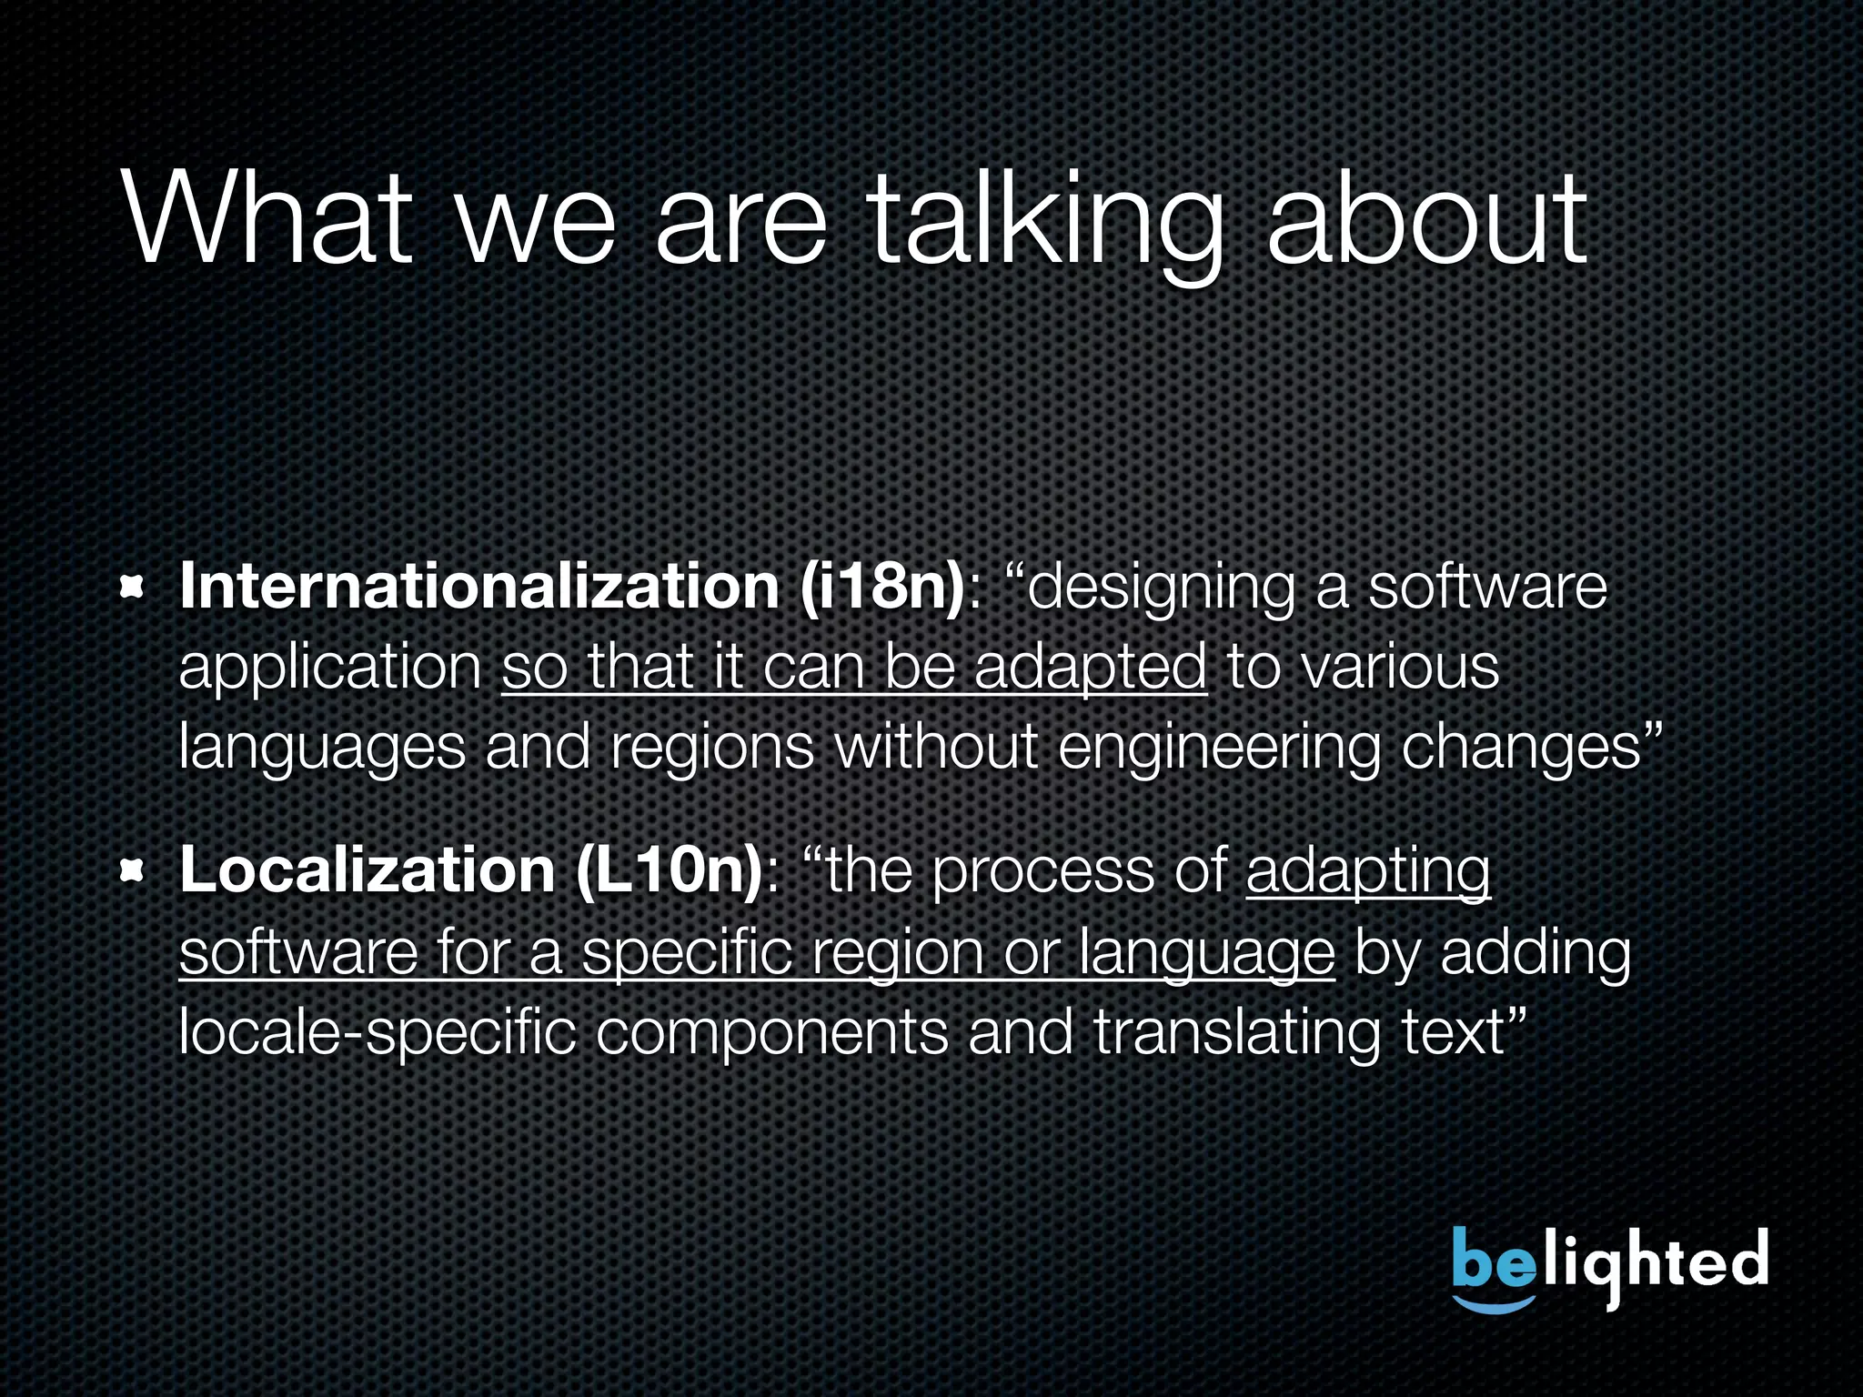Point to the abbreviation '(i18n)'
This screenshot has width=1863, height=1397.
click(881, 587)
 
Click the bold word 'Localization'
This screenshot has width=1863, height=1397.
click(368, 870)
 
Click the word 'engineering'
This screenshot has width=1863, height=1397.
click(1219, 749)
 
